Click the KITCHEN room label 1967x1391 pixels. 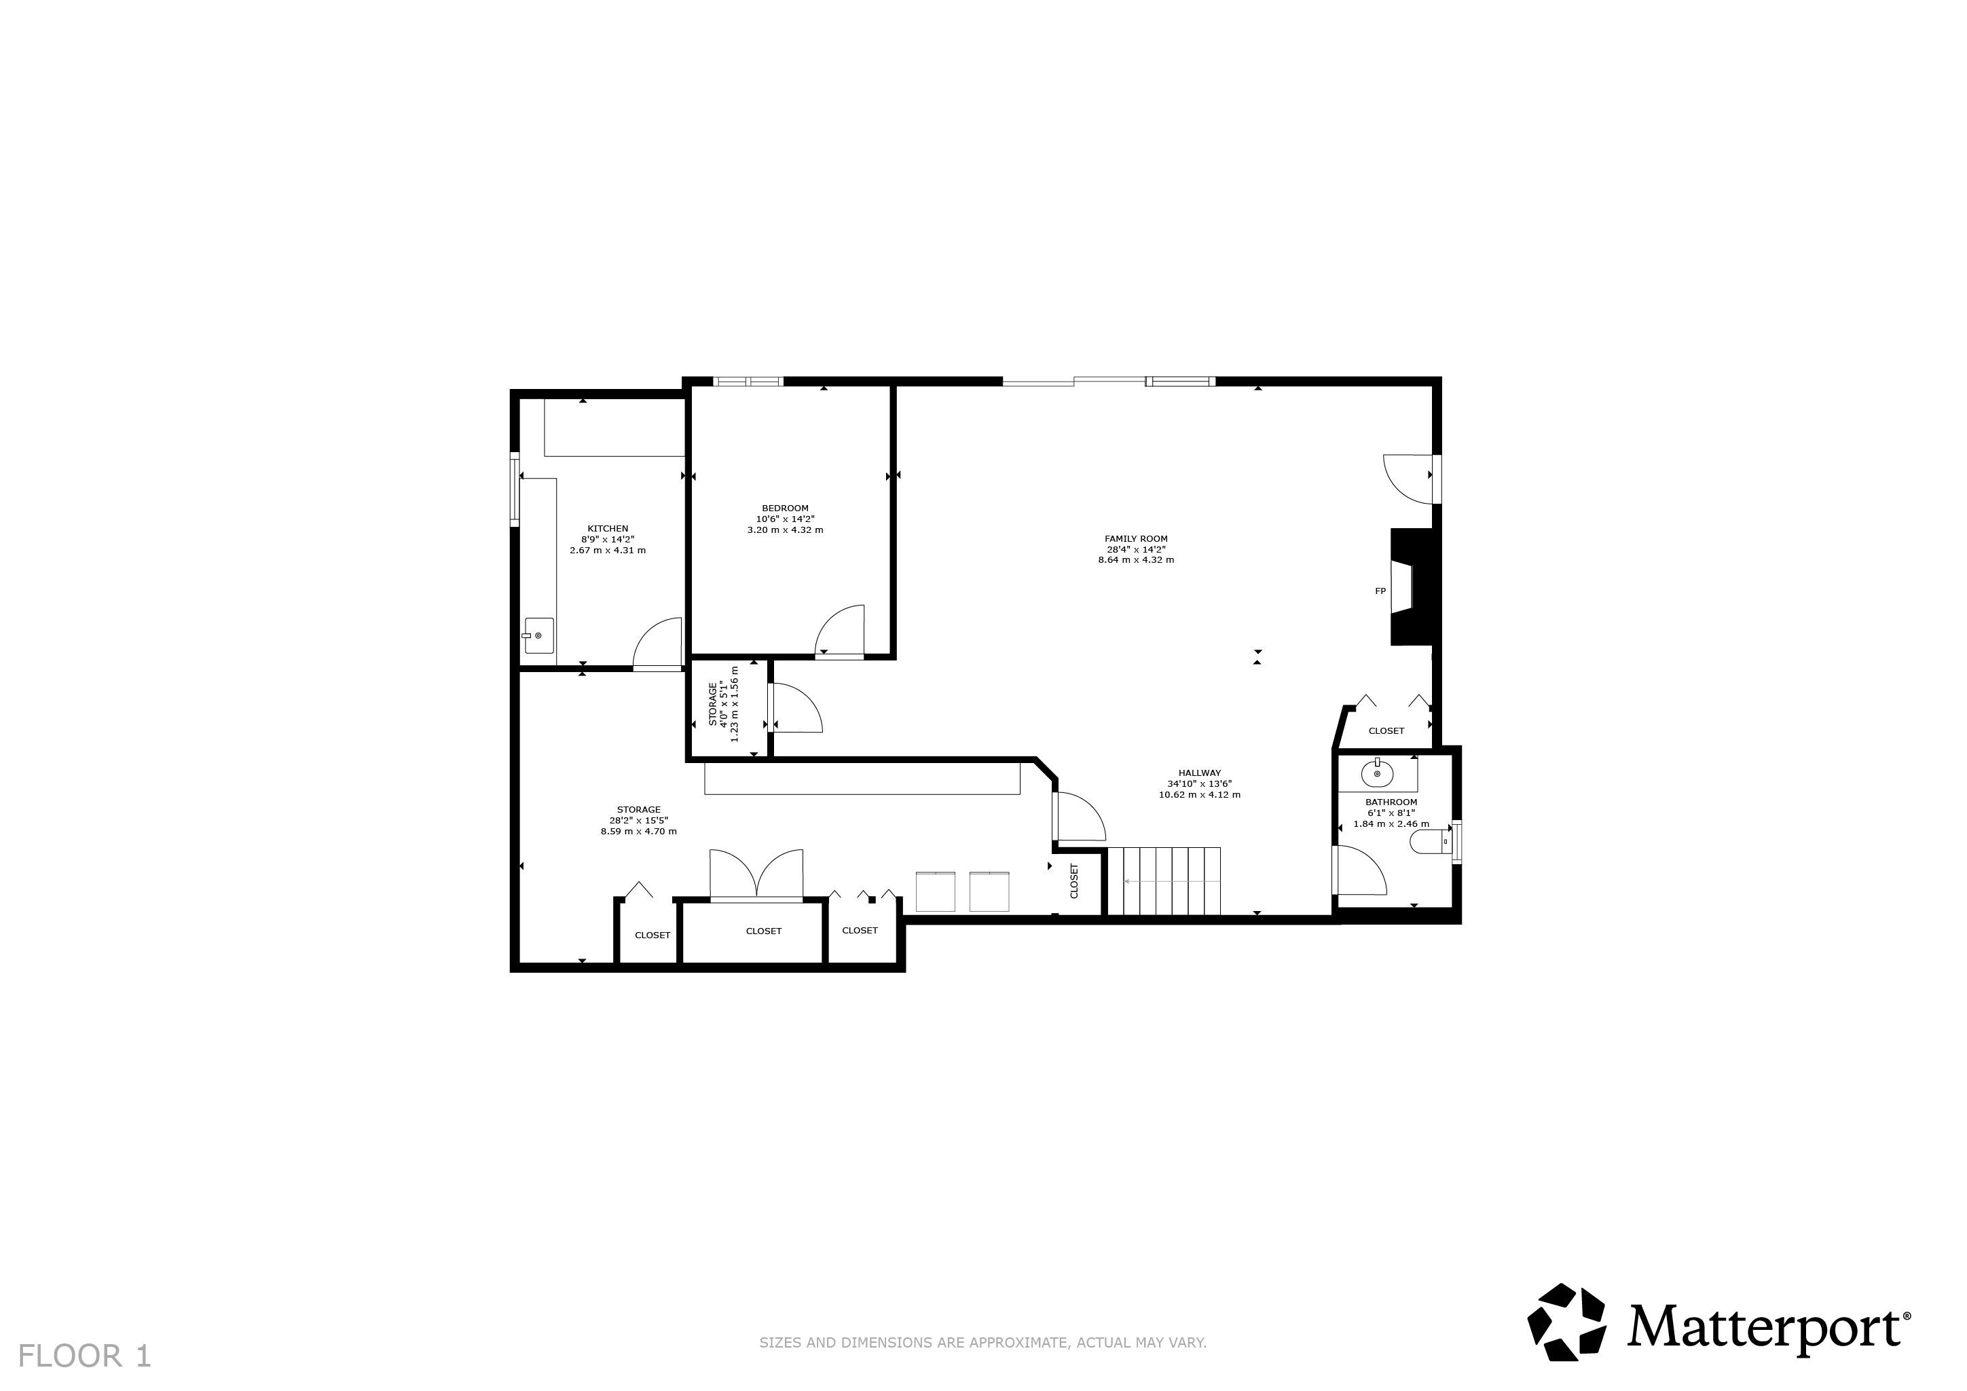[x=608, y=528]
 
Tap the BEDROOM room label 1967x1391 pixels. [x=785, y=508]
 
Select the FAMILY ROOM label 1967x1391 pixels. [x=1136, y=539]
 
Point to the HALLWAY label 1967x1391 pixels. [x=1199, y=773]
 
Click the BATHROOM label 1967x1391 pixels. [x=1391, y=802]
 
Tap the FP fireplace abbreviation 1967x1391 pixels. [x=1380, y=591]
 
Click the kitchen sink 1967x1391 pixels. [x=539, y=635]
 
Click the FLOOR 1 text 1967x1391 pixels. [x=85, y=1356]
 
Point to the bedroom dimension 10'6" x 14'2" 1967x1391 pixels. [x=785, y=519]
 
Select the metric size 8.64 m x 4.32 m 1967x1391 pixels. [x=1136, y=560]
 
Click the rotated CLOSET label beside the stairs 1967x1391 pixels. [x=1074, y=880]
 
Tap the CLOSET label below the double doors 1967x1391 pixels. [x=763, y=931]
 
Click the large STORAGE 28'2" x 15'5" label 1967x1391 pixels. [x=638, y=819]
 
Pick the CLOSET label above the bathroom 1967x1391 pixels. [x=1386, y=730]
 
